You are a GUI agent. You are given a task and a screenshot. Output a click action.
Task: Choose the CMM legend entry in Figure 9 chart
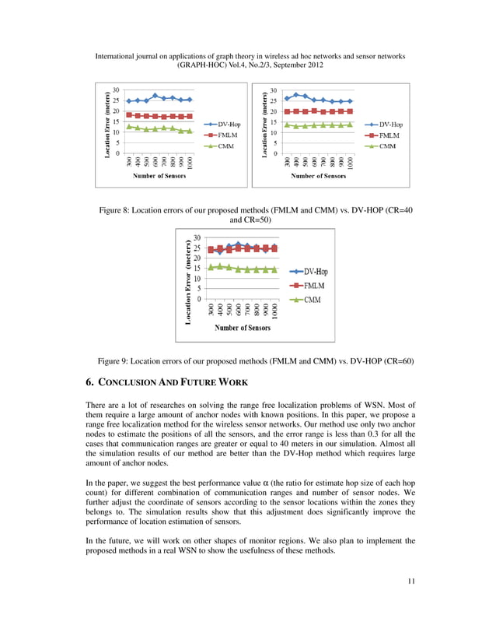point(313,300)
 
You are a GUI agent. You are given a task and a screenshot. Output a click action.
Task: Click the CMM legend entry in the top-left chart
point(226,146)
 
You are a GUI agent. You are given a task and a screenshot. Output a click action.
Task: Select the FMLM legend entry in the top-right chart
point(389,135)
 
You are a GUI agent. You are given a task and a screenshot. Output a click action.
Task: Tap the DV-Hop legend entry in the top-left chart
point(229,125)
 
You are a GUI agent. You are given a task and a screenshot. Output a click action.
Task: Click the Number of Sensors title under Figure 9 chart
point(243,328)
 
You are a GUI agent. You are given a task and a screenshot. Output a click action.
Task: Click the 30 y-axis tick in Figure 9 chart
point(198,237)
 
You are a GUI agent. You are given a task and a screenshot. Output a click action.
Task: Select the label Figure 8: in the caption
point(117,210)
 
